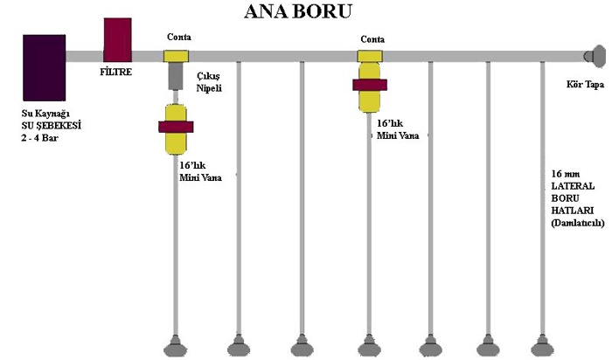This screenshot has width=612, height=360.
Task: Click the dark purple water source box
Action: click(45, 68)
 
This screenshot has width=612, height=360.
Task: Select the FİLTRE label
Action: click(116, 72)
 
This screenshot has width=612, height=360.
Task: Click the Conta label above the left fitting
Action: click(178, 38)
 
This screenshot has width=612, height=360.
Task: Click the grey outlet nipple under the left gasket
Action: click(176, 76)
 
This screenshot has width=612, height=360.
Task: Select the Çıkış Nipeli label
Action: click(207, 82)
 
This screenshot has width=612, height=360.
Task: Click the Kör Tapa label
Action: click(585, 86)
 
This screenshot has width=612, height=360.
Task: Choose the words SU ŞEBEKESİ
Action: click(52, 126)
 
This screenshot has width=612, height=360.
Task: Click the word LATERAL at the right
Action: click(574, 186)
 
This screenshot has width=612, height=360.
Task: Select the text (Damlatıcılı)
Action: click(578, 223)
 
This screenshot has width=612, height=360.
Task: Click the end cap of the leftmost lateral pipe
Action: click(176, 344)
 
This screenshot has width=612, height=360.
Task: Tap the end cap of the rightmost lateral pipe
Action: click(547, 344)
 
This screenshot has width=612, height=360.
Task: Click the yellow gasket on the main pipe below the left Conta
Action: click(177, 56)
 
